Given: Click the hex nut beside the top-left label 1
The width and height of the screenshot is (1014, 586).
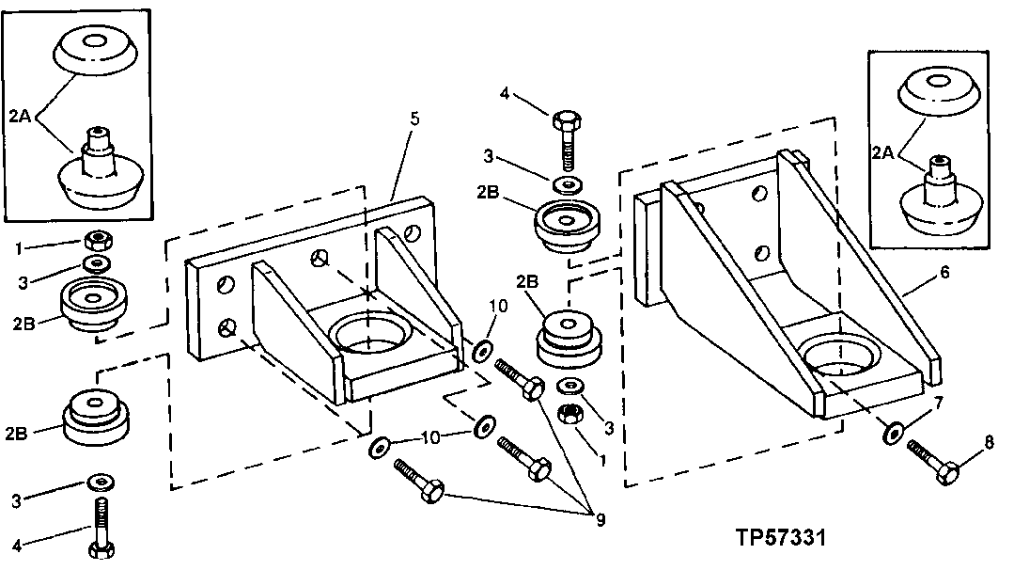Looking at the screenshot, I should (x=97, y=239).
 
